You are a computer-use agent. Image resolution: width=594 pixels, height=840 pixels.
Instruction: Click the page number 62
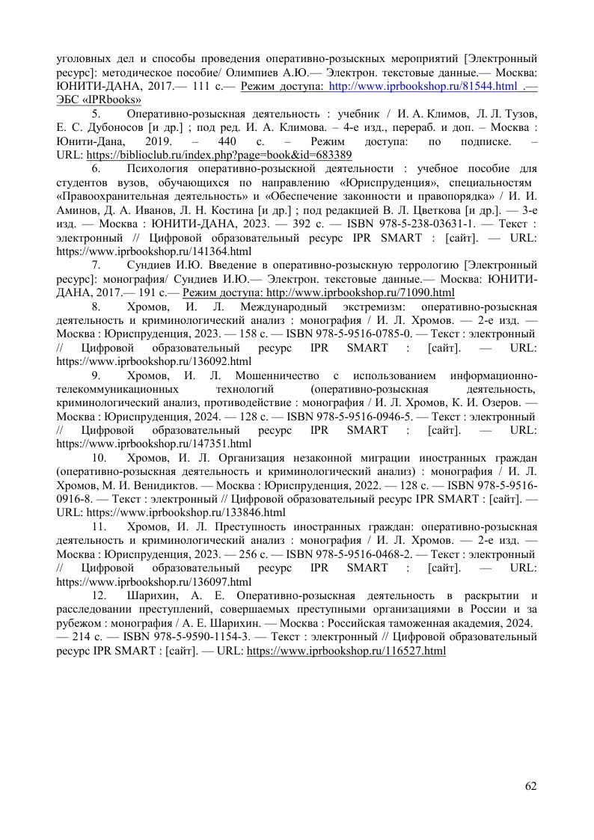click(x=531, y=785)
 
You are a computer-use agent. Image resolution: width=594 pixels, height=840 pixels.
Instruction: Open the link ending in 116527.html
click(x=346, y=652)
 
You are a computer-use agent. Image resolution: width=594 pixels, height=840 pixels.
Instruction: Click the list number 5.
click(x=96, y=114)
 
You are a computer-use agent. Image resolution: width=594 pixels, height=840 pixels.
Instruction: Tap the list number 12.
click(x=99, y=595)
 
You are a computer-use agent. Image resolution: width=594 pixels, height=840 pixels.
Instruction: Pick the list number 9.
click(x=96, y=375)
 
